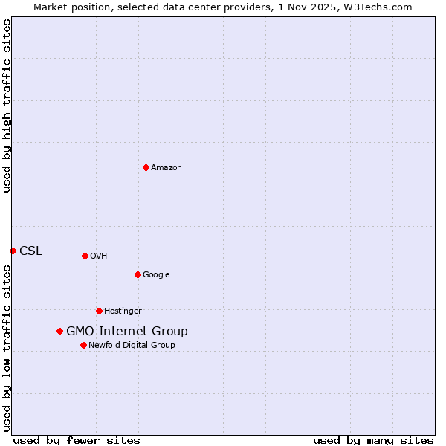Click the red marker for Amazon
pos(146,167)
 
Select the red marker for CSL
pos(13,251)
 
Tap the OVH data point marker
pos(85,256)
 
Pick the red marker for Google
pos(138,274)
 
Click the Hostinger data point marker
pos(99,311)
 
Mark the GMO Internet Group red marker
pos(59,331)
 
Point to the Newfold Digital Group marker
pos(83,345)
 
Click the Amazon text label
pos(167,168)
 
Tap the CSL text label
pos(31,251)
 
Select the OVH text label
pos(99,256)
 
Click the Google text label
pos(156,275)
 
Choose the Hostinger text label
pos(123,311)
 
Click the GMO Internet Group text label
pos(127,332)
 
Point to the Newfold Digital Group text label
pos(132,346)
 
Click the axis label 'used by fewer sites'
pos(77,440)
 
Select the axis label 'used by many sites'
pos(373,440)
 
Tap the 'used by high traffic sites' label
pos(7,106)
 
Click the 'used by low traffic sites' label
pos(7,348)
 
